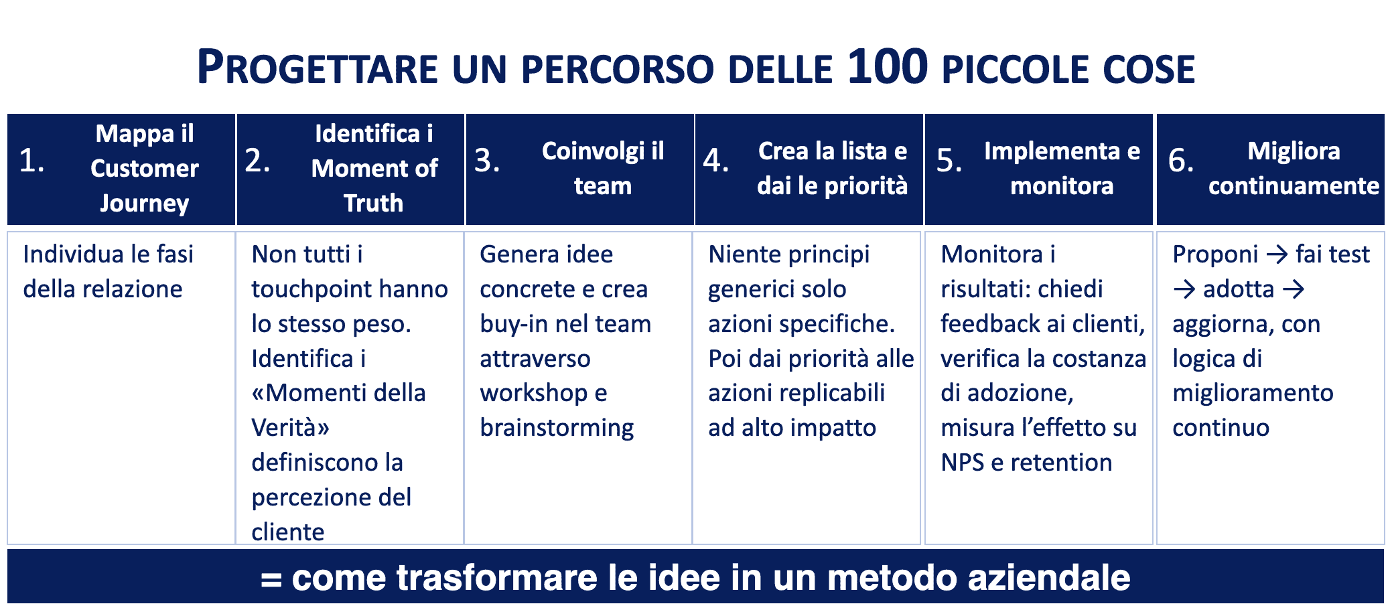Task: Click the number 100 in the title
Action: [888, 66]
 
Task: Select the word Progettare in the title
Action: [318, 67]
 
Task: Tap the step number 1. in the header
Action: [31, 161]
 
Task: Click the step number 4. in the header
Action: [716, 161]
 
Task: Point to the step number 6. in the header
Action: [1181, 161]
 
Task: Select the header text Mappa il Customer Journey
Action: [145, 168]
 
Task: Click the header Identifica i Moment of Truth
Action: [374, 168]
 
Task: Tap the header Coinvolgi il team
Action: [603, 168]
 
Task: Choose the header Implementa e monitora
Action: [1062, 168]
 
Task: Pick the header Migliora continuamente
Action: [1294, 168]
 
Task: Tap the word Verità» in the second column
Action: [290, 427]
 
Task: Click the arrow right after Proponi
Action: [1277, 254]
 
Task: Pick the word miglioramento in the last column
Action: [1253, 393]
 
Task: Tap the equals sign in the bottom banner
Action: [271, 579]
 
